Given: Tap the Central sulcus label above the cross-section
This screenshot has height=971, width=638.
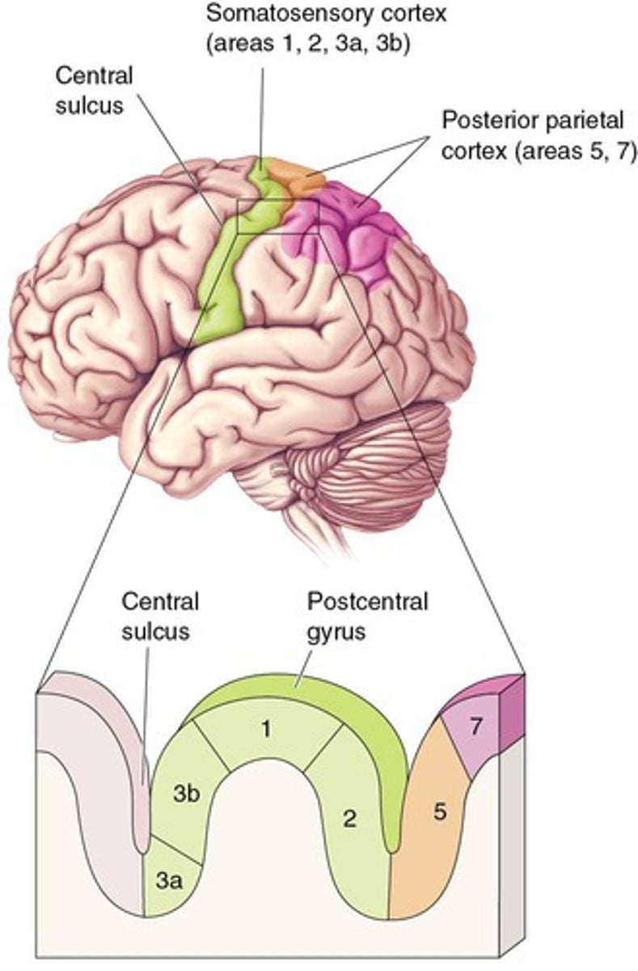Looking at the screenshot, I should click(x=160, y=617).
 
